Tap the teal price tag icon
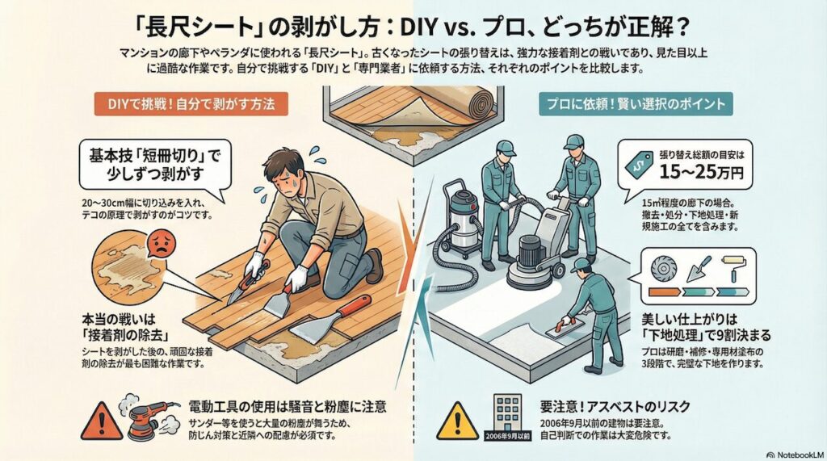pos(644,164)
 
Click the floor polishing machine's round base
pos(536,274)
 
